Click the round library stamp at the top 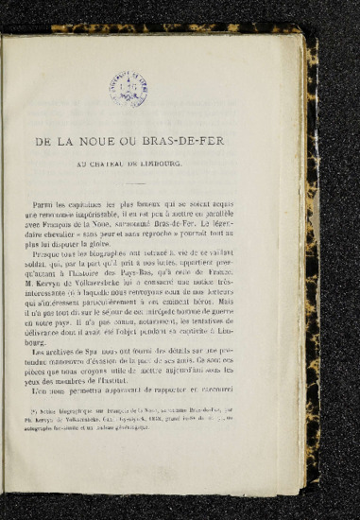click(x=127, y=89)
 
